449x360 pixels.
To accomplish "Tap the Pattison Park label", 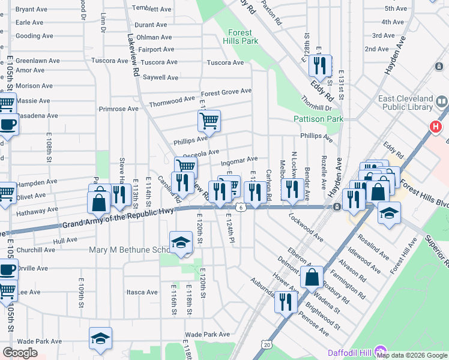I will (x=319, y=119).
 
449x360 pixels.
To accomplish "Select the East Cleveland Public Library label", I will (x=405, y=103).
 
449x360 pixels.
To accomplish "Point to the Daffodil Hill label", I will (x=350, y=352).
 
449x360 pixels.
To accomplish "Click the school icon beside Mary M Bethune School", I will (x=181, y=242).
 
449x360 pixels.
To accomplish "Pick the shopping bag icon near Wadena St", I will (x=312, y=277).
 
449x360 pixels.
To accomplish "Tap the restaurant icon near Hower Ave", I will (x=286, y=301).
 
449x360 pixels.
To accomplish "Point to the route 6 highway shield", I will (x=240, y=207).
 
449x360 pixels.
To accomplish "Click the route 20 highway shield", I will (x=265, y=344).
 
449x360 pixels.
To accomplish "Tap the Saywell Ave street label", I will (x=160, y=77).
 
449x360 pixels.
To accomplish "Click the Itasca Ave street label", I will (x=142, y=292).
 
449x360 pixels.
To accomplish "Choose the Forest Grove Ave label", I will (x=226, y=92).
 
